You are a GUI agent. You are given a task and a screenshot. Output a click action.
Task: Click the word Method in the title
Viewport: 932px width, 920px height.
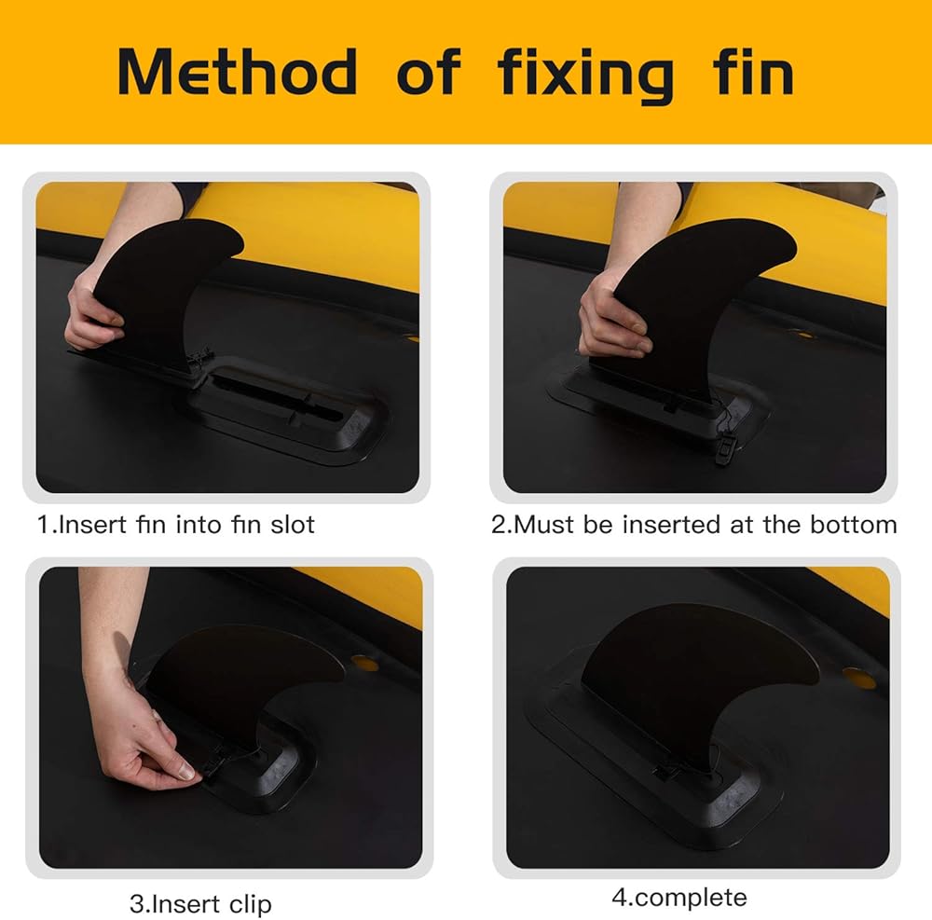coord(237,72)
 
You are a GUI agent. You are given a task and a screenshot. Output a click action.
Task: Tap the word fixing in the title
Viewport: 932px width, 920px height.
coord(585,75)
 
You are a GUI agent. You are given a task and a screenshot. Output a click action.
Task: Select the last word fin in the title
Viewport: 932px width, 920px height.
coord(753,72)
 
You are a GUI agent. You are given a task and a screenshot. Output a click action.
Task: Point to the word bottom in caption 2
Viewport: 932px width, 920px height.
coord(853,525)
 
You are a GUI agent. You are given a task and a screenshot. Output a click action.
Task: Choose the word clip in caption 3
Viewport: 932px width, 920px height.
coord(250,904)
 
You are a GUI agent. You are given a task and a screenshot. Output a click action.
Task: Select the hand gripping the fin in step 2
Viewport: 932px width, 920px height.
coord(612,321)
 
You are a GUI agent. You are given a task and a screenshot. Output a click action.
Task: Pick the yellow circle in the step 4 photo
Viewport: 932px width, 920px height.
coord(859,678)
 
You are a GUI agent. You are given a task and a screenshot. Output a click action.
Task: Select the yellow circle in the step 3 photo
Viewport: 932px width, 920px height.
coord(364,663)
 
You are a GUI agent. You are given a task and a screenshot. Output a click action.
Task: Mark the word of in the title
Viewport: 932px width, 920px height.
coord(429,72)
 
